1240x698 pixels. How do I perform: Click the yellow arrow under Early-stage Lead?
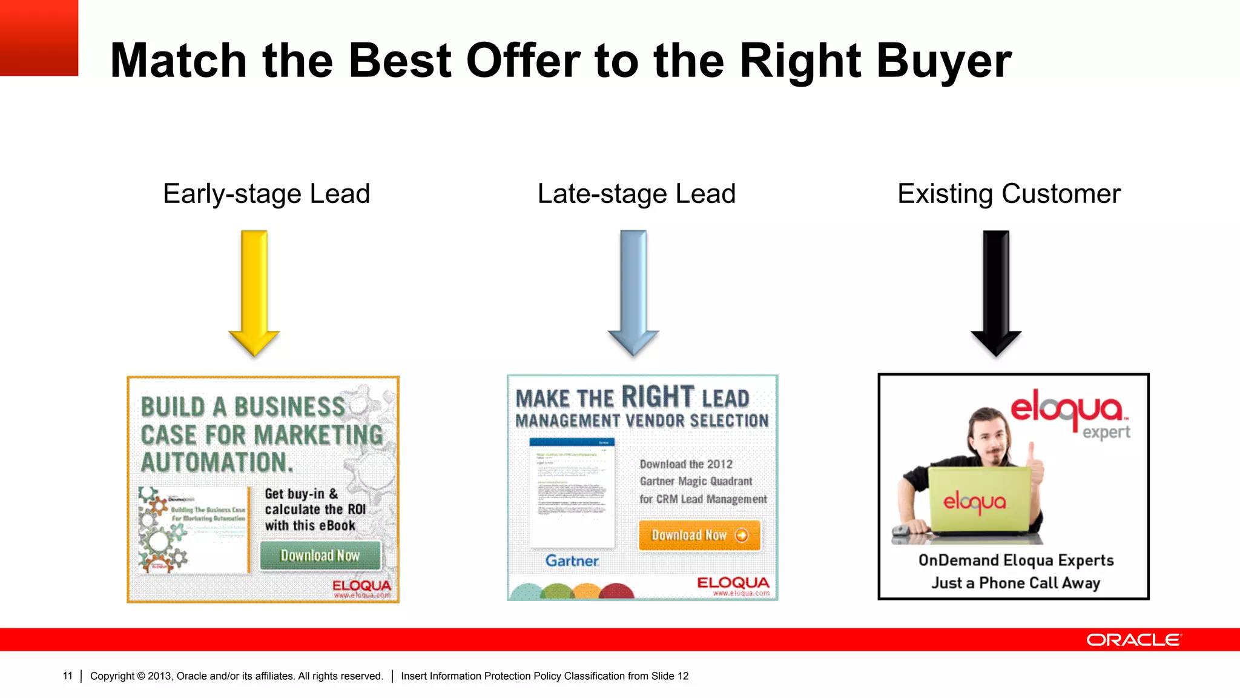[x=254, y=291]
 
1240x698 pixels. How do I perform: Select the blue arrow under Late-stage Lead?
[x=633, y=291]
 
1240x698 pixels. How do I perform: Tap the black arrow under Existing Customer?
[x=996, y=291]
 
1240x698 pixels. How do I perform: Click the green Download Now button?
[x=320, y=556]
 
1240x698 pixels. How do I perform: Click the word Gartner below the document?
[x=572, y=561]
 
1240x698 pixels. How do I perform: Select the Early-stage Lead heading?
[x=266, y=194]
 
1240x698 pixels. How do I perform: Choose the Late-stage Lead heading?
[x=636, y=194]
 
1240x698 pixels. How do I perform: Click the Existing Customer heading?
[x=1009, y=194]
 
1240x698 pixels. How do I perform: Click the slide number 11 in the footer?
[x=67, y=676]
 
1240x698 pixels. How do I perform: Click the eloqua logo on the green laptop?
[x=975, y=502]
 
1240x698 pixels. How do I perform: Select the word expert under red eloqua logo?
[x=1106, y=432]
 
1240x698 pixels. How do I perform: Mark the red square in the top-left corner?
[x=39, y=38]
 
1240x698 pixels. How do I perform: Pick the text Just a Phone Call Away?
[x=1015, y=583]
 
